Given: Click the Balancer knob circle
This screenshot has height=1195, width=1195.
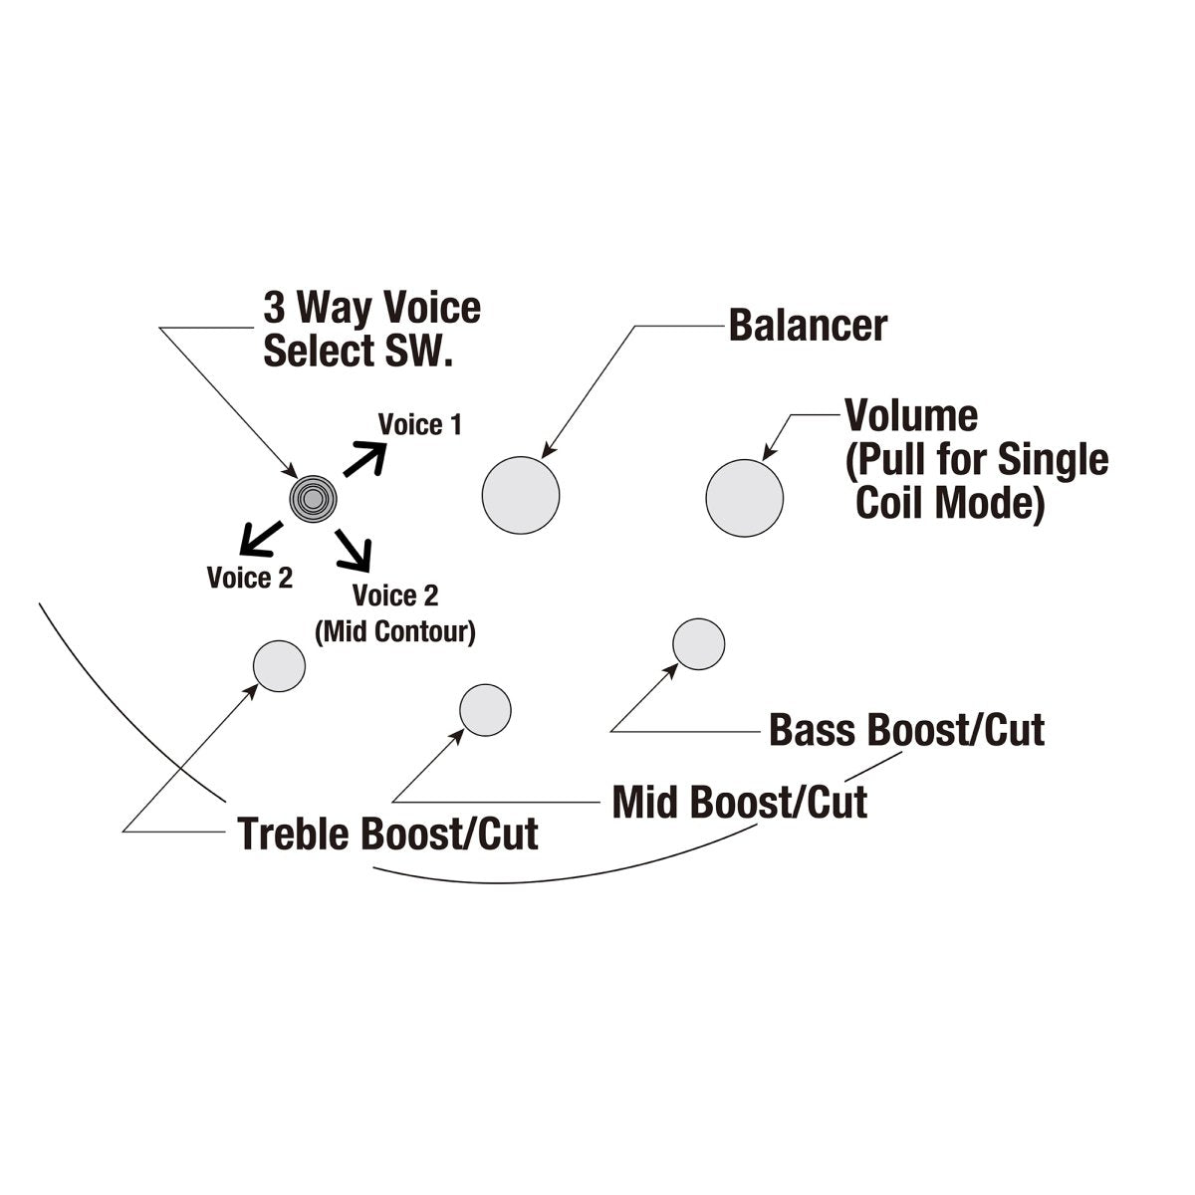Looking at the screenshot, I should pos(521,496).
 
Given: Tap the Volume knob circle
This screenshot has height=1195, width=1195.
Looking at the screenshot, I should pos(745,497).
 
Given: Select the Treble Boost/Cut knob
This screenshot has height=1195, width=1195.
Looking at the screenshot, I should pos(279,665).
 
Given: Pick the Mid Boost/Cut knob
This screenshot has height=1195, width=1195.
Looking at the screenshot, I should pos(485,710).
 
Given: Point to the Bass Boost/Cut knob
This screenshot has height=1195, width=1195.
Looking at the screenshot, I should pos(699,644).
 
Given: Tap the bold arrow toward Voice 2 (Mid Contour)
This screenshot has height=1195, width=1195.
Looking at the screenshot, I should pos(354,548).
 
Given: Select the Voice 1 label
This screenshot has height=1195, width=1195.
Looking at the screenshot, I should pos(419,425).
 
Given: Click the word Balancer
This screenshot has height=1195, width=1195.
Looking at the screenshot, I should pos(808,325).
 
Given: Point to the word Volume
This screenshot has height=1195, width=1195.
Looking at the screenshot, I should pos(910,415).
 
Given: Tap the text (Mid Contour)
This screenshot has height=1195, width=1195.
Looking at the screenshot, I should pos(394,631).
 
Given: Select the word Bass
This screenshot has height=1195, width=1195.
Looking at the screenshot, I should pos(813,730).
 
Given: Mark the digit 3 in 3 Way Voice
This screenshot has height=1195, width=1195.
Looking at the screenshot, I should pos(273,309).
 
